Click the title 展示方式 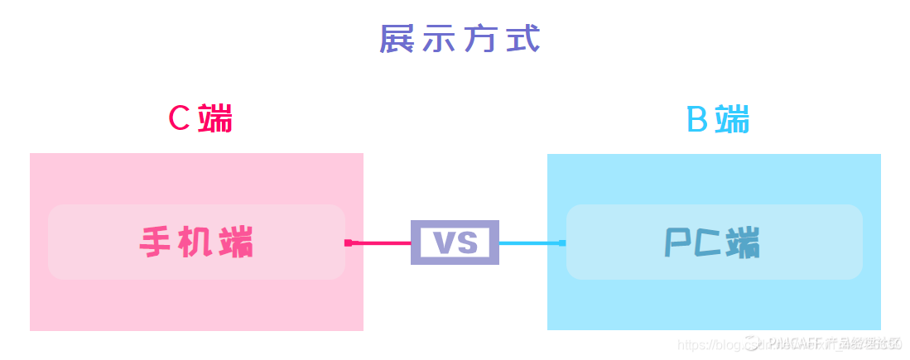click(460, 40)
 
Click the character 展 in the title click(397, 40)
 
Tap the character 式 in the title click(522, 40)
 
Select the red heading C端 click(200, 119)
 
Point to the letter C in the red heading click(180, 119)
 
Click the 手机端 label click(196, 242)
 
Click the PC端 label click(713, 243)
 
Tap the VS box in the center click(455, 242)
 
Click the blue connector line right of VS click(530, 242)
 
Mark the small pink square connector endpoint click(349, 242)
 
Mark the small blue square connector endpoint click(562, 242)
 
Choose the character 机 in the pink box click(196, 242)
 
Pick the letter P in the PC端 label click(677, 243)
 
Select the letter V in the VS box click(444, 242)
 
